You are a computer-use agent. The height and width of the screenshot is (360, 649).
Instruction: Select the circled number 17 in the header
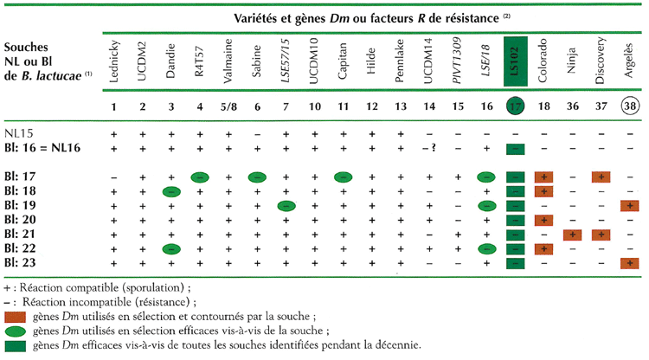pyautogui.click(x=513, y=107)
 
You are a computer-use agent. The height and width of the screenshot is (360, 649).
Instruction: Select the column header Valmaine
pyautogui.click(x=228, y=66)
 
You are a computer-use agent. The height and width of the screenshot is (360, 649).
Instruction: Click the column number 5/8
pyautogui.click(x=228, y=107)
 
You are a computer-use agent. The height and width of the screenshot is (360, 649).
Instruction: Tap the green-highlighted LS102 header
pyautogui.click(x=513, y=66)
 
